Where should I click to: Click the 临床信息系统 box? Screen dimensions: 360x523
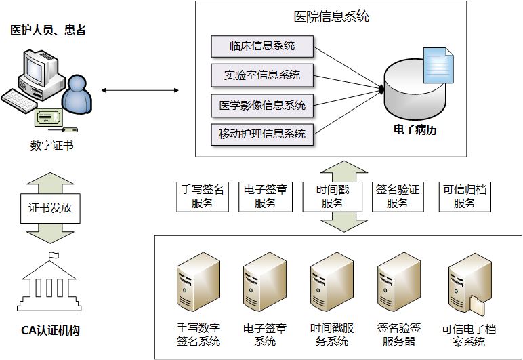tap(262, 47)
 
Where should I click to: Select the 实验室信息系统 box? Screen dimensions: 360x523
tap(262, 75)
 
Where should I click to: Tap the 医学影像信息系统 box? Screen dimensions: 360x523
tap(262, 105)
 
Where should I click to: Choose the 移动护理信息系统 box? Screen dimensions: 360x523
tap(262, 134)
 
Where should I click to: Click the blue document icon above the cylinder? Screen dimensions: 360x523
tap(438, 64)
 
